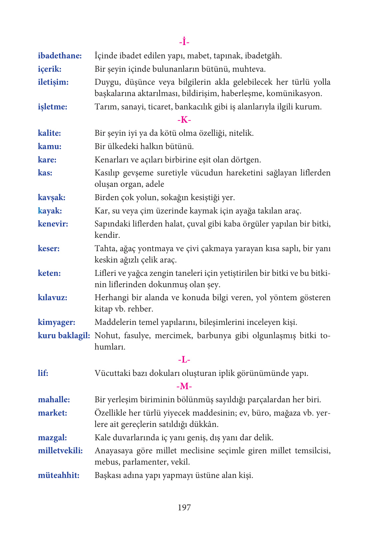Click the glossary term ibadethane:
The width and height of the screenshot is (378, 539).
(60, 56)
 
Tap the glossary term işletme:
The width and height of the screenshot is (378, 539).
(52, 107)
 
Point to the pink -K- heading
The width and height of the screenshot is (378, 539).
(184, 120)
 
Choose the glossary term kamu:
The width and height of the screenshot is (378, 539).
(49, 146)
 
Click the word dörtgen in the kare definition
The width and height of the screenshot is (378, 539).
(246, 160)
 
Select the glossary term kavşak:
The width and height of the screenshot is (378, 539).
(51, 197)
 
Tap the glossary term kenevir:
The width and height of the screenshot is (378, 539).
(53, 224)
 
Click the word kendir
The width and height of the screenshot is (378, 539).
(107, 235)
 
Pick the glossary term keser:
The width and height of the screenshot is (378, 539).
(49, 248)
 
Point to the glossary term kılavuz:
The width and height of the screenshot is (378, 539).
(52, 298)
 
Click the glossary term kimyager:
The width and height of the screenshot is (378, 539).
(56, 322)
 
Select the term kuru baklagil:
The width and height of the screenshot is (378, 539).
(64, 336)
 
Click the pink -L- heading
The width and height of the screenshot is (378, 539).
(184, 360)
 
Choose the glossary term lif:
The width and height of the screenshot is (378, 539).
(43, 373)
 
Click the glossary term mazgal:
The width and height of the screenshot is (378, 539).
(52, 438)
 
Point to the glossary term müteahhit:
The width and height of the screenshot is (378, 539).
(59, 475)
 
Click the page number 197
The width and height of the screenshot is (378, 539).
(184, 508)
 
